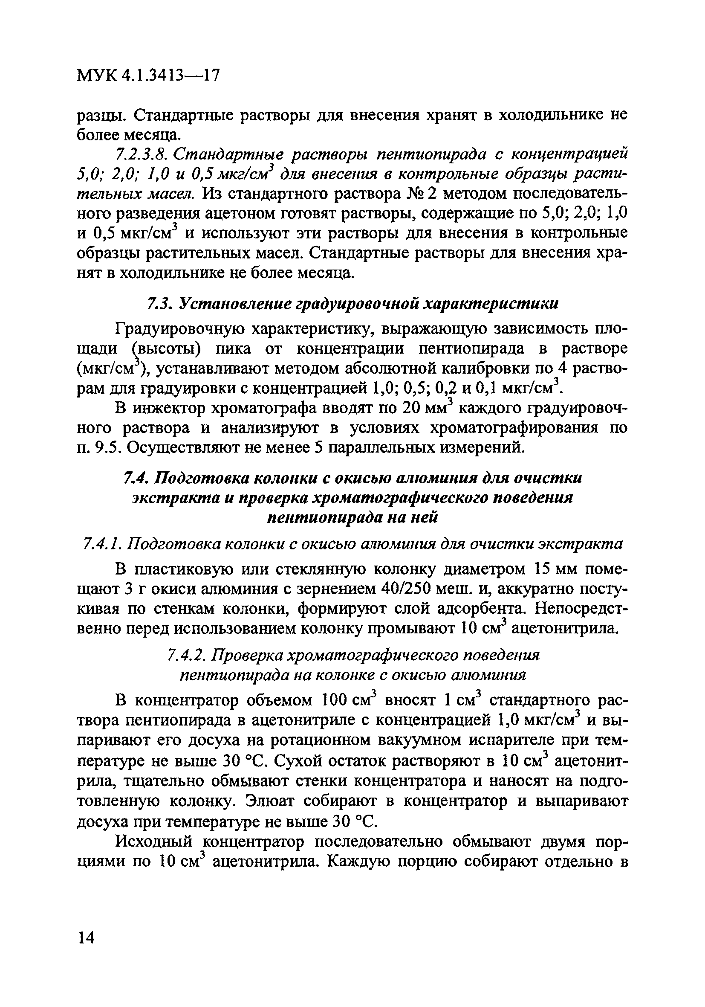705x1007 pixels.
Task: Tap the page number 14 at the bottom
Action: [x=86, y=938]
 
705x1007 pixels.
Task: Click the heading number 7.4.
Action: [x=136, y=478]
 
